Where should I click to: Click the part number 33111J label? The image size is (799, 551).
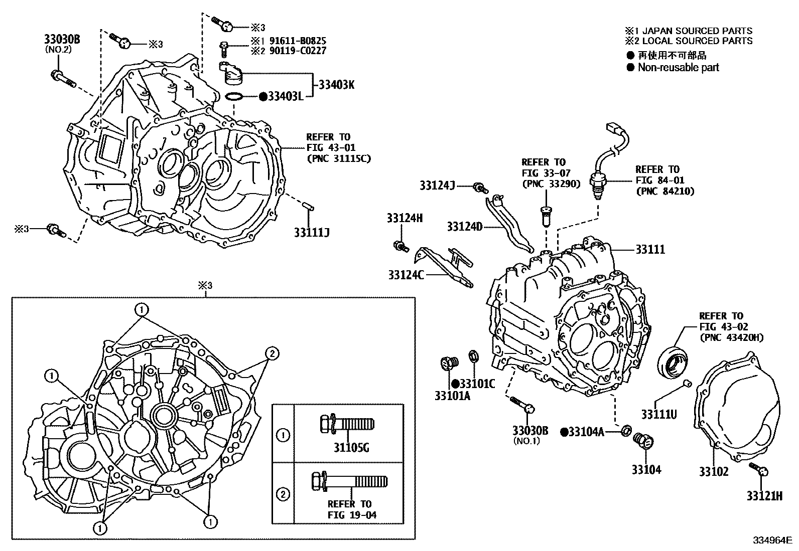(311, 233)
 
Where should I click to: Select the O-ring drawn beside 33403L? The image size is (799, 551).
(234, 96)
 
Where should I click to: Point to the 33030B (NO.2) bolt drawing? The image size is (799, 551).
(62, 79)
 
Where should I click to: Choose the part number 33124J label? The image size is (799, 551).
(437, 186)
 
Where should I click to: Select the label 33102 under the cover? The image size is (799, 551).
(714, 471)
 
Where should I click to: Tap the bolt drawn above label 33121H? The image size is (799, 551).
(759, 469)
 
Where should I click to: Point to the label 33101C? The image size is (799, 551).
(477, 384)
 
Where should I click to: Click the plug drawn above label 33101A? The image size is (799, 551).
(447, 363)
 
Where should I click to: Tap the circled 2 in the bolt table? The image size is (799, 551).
(283, 494)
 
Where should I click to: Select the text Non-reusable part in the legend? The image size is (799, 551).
(678, 68)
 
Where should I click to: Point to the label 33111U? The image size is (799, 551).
(658, 414)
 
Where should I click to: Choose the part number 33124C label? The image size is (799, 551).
(406, 275)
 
